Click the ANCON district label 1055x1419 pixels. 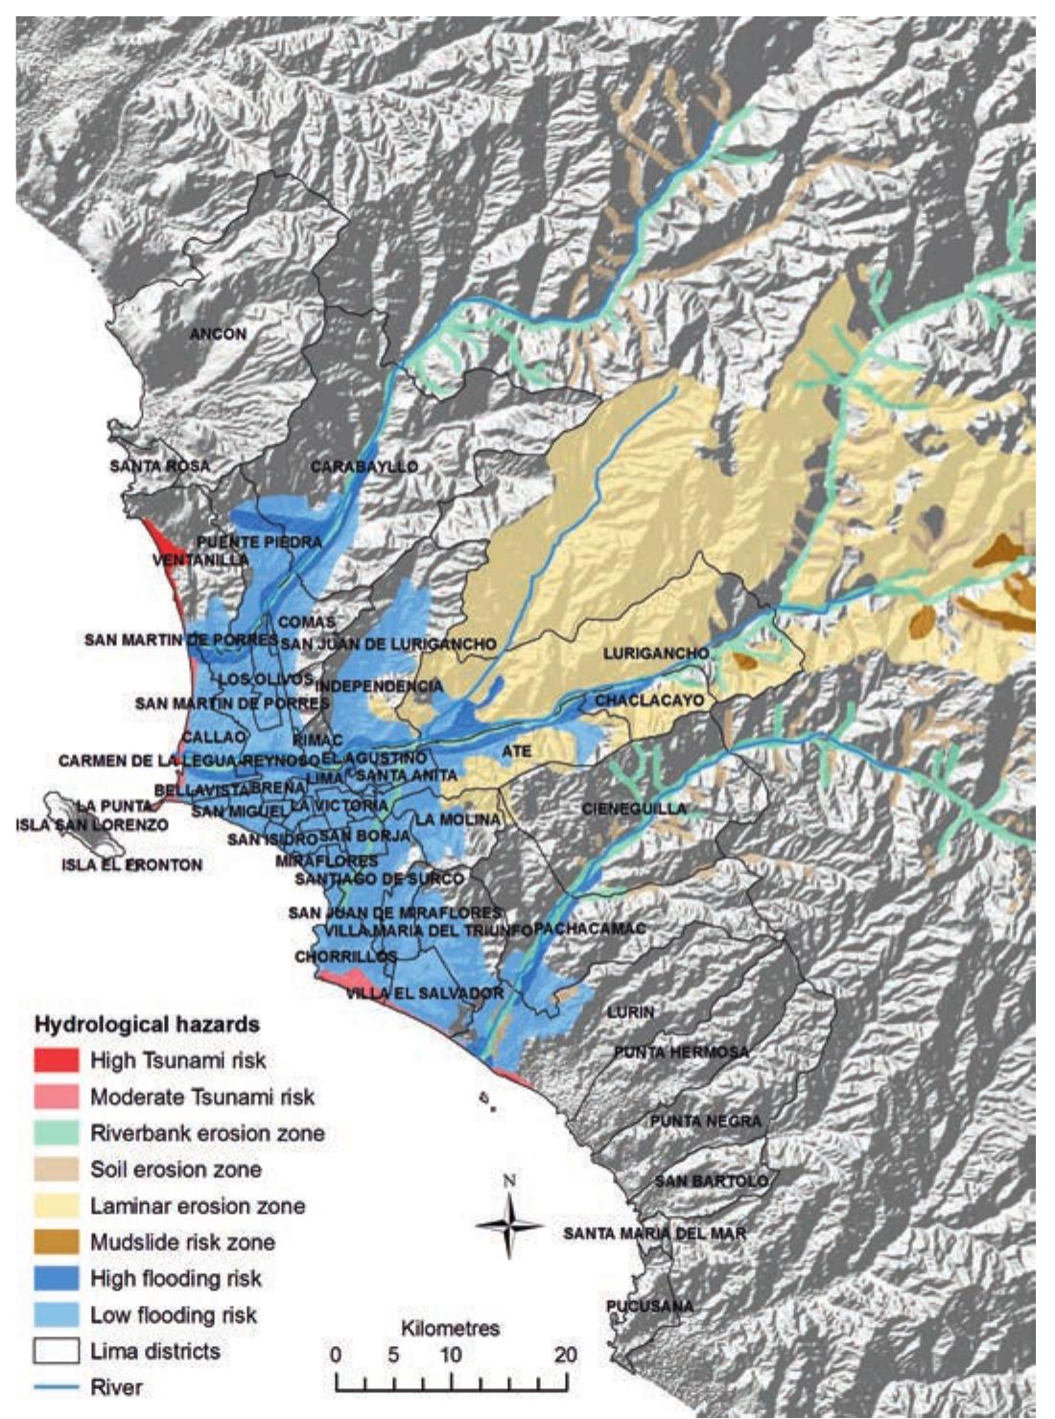(x=218, y=334)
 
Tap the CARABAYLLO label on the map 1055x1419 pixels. (x=363, y=466)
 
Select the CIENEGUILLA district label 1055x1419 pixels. (x=634, y=809)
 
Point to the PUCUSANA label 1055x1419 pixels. (x=649, y=1306)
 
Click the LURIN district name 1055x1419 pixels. (x=630, y=1011)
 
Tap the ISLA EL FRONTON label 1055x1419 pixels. (x=132, y=864)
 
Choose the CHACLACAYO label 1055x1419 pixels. (x=648, y=700)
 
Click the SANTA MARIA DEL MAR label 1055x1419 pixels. (x=654, y=1233)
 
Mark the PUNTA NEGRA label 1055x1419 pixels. (x=705, y=1121)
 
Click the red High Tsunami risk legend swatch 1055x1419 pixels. (x=56, y=1060)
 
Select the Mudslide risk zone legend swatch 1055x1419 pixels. (x=56, y=1242)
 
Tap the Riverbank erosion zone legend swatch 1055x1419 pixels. (x=56, y=1133)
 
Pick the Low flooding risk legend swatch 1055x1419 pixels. (x=56, y=1314)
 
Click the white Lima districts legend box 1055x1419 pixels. (x=56, y=1351)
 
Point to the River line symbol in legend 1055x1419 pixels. (x=56, y=1387)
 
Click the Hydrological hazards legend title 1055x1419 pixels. (x=147, y=1024)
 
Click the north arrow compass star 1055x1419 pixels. (x=510, y=1225)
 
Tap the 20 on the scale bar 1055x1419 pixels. (x=565, y=1355)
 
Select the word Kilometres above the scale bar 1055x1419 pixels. (x=450, y=1329)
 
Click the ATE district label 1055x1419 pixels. (x=517, y=750)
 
